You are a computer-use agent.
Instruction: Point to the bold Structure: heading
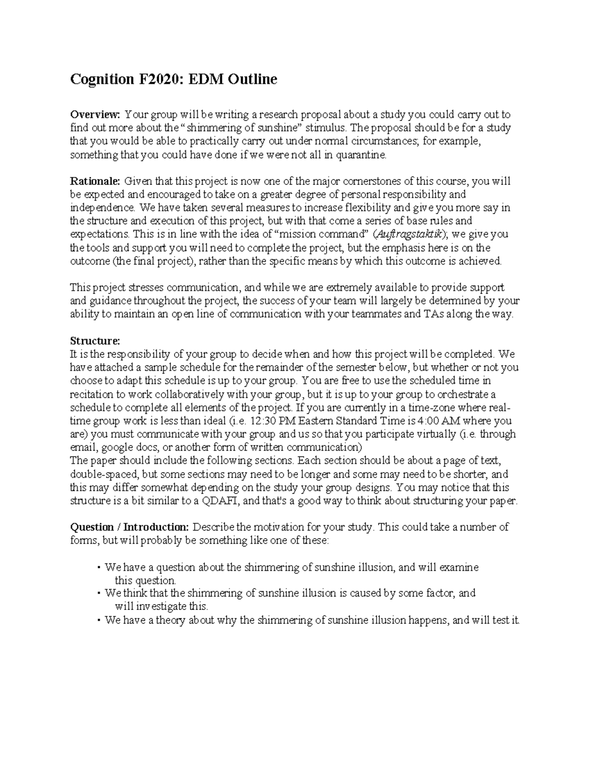95,341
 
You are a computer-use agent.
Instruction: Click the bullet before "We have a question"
100,568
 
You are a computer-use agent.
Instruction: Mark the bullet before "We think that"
100,594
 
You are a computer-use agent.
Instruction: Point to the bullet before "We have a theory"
100,621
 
